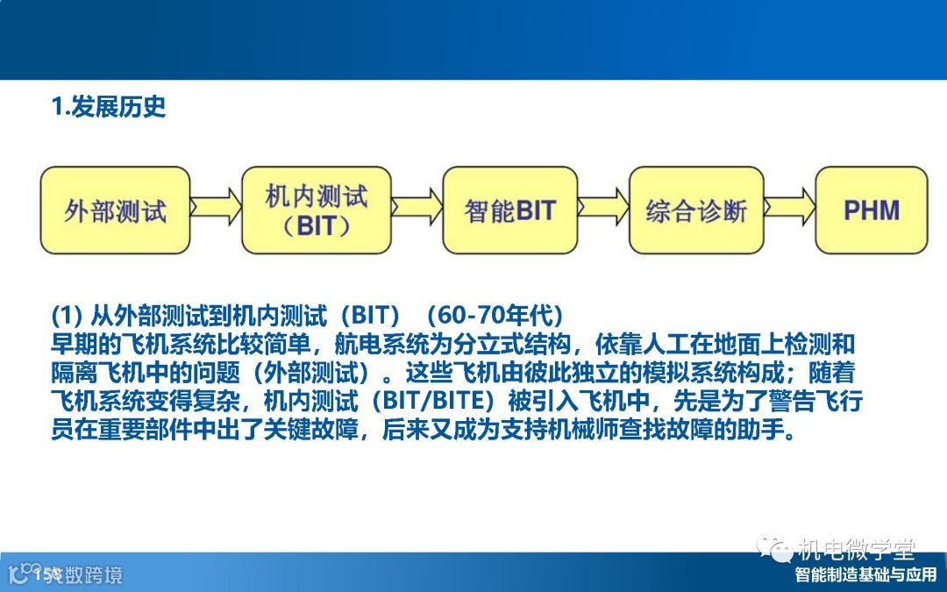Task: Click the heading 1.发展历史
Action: pos(109,107)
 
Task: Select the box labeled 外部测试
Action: pos(116,210)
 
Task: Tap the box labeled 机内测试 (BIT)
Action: pos(317,210)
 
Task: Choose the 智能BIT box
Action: pos(509,210)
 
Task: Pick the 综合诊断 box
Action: pos(696,210)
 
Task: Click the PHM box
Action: pos(872,210)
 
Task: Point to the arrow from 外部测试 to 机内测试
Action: pos(216,207)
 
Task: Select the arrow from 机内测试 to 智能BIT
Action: pos(417,207)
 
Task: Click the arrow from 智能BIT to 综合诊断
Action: pos(603,207)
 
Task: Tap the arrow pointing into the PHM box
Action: pos(790,207)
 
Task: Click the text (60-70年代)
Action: pos(495,315)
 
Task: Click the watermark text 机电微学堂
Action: pos(856,549)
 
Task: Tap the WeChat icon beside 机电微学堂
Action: pos(774,548)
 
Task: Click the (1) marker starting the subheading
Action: pos(67,315)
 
